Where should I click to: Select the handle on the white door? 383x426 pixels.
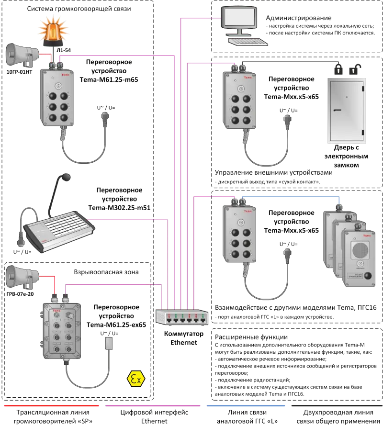coord(338,111)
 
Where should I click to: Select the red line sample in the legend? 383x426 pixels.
coord(51,405)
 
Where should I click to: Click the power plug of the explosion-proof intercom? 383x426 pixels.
coord(109,344)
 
